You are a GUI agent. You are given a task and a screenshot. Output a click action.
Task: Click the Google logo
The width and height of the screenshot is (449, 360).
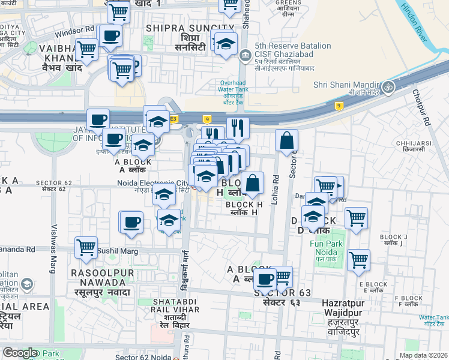pyautogui.click(x=20, y=353)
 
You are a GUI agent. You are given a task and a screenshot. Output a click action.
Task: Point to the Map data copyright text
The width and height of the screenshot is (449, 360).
pyautogui.click(x=423, y=355)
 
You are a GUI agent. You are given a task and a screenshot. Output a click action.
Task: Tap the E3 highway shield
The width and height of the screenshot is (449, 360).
pyautogui.click(x=174, y=119)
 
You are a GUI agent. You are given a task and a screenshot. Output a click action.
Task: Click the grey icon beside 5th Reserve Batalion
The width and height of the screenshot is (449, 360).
pyautogui.click(x=245, y=57)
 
